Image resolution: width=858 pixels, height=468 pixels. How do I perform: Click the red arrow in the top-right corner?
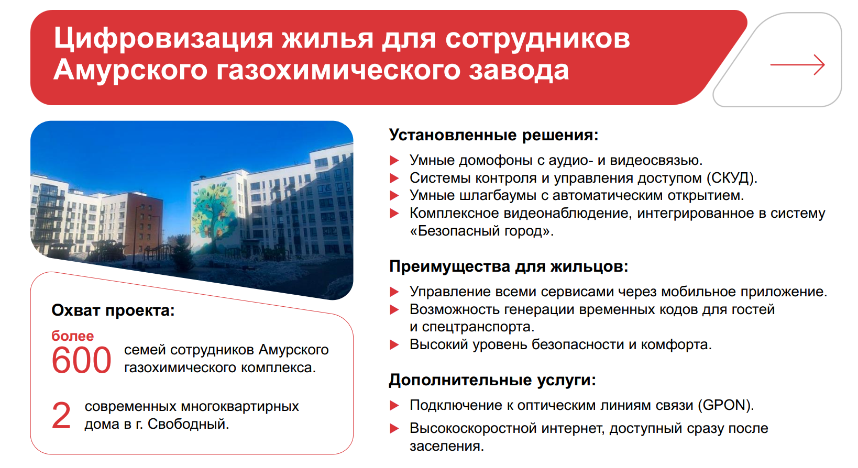tap(797, 65)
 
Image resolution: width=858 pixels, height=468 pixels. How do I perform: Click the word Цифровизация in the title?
tap(163, 38)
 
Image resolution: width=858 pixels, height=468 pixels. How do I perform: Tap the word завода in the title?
tap(519, 71)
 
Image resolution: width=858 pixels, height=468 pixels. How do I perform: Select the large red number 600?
tap(81, 361)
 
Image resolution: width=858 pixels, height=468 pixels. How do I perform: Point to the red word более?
tap(73, 336)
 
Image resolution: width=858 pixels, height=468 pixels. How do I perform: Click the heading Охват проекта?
tap(113, 310)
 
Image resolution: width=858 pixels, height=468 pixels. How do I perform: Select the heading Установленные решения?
tap(494, 135)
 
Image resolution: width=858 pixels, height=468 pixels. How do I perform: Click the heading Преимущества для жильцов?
tap(509, 266)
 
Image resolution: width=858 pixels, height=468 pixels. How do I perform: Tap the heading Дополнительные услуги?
tap(492, 380)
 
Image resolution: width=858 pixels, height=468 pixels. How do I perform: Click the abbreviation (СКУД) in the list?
tap(732, 178)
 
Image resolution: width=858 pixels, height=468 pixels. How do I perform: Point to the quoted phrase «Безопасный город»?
tap(481, 231)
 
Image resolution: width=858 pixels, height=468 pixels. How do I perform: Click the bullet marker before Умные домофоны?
tap(394, 160)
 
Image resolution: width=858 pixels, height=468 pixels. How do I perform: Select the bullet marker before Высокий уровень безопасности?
tap(394, 345)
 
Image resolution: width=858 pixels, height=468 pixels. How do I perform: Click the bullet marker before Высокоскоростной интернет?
tap(394, 429)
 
